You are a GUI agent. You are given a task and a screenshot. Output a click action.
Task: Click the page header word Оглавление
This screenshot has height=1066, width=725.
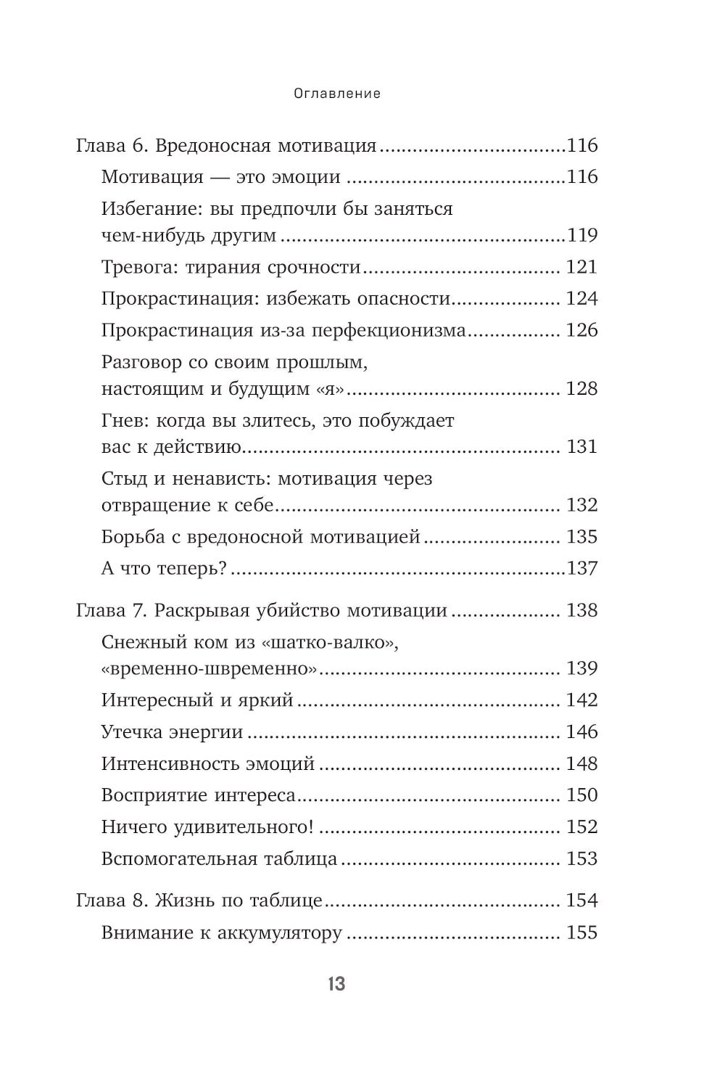pyautogui.click(x=337, y=94)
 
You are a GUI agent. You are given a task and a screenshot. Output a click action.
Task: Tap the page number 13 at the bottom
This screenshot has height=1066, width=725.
pyautogui.click(x=336, y=985)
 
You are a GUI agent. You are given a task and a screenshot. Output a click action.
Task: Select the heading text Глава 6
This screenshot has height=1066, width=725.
pyautogui.click(x=112, y=146)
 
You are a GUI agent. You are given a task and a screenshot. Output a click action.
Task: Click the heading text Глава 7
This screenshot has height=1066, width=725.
pyautogui.click(x=112, y=610)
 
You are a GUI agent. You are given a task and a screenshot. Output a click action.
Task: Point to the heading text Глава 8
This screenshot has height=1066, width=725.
pyautogui.click(x=112, y=901)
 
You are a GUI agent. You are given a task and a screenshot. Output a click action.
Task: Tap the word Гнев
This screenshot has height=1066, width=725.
pyautogui.click(x=123, y=421)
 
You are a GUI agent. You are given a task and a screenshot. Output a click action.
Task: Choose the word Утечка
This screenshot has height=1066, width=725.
pyautogui.click(x=131, y=732)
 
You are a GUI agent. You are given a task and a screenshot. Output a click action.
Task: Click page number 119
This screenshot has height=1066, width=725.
pyautogui.click(x=582, y=236)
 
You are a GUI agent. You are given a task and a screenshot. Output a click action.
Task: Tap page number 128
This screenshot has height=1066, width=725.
pyautogui.click(x=582, y=389)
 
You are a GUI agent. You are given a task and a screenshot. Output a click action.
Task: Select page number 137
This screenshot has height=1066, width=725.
pyautogui.click(x=582, y=568)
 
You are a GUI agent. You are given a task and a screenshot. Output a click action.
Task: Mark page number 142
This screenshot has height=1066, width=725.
pyautogui.click(x=582, y=700)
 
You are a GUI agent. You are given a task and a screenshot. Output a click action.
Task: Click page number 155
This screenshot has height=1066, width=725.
pyautogui.click(x=582, y=932)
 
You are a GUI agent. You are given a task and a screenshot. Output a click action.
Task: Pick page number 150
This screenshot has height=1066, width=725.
pyautogui.click(x=582, y=795)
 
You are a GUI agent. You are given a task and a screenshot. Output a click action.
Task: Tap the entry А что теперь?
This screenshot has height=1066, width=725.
pyautogui.click(x=165, y=568)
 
